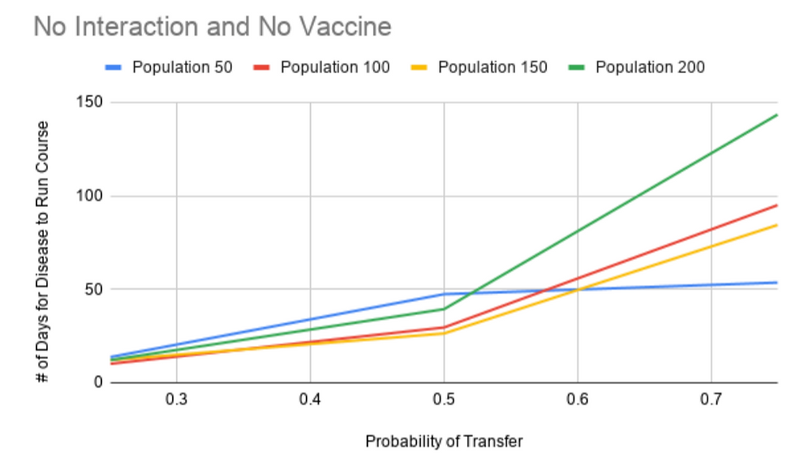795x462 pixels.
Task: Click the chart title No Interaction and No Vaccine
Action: pos(213,28)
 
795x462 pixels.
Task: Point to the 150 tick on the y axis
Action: pos(84,103)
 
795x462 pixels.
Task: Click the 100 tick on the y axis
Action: pos(84,196)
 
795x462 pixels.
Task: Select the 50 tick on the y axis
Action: pos(88,290)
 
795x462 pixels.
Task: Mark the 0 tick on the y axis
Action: pos(92,382)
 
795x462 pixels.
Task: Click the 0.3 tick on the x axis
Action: pos(177,399)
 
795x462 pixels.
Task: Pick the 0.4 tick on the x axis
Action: pos(311,399)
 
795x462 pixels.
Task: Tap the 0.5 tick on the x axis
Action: pos(444,399)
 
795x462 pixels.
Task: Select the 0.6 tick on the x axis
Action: pos(578,399)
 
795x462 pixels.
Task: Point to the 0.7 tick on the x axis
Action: pos(711,399)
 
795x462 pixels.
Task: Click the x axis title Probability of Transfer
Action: pos(444,443)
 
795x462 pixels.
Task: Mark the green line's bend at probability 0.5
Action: pos(444,309)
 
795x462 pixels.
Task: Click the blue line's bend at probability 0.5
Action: pos(444,293)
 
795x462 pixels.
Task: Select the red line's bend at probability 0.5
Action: pos(444,327)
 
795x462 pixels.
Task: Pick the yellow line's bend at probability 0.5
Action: pos(444,333)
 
